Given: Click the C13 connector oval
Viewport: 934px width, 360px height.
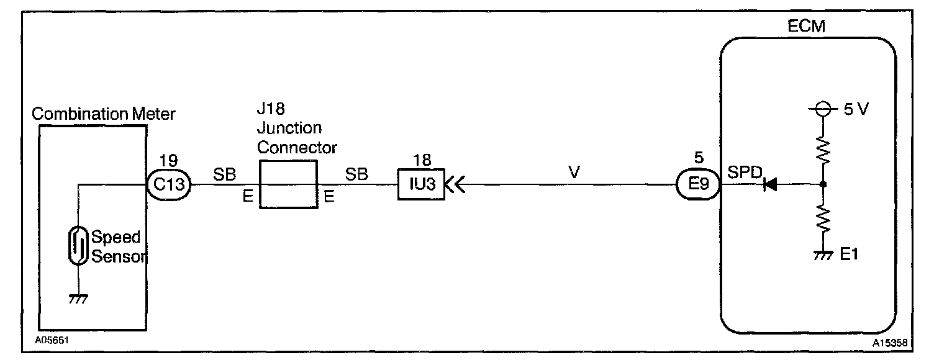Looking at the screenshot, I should coord(168,184).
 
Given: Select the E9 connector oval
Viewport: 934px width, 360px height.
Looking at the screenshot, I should coord(697,184).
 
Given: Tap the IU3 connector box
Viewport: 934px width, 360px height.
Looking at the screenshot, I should coord(421,184).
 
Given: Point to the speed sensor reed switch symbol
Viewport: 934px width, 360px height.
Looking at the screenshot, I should coord(78,246).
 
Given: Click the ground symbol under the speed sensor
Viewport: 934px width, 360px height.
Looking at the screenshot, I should coord(78,298).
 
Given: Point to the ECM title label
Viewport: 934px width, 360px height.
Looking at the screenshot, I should coord(809,26).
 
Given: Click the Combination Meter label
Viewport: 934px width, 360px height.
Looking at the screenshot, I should coord(104,114).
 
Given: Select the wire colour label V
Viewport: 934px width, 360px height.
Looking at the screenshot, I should coord(574,173).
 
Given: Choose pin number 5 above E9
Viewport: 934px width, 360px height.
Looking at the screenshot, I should coord(697,160).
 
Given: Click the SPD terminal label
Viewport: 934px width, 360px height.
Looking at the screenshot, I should coord(744,174).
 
